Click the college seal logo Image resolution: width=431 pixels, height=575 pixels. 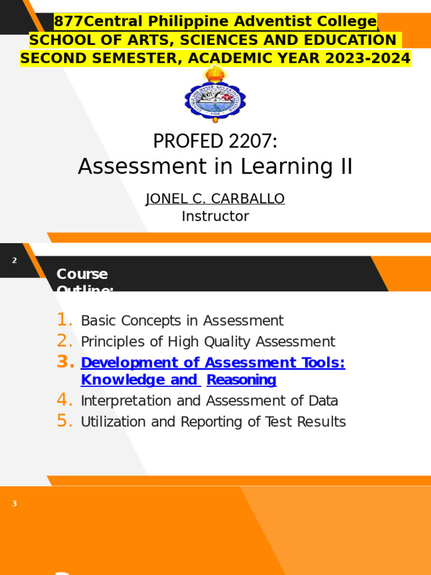[215, 96]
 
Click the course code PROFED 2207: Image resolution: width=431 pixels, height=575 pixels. [215, 142]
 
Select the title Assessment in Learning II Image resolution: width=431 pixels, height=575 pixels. [215, 167]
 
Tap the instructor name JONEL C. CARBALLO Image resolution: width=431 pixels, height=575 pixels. [215, 199]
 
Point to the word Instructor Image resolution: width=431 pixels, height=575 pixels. [215, 216]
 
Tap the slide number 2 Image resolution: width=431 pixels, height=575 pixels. [15, 261]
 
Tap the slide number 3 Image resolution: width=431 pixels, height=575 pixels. [15, 504]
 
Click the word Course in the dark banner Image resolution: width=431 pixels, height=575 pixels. [82, 274]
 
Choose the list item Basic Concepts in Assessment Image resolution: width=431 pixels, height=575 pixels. [182, 321]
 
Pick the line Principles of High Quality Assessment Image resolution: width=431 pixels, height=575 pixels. [208, 341]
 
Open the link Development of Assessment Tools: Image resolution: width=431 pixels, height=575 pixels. [213, 363]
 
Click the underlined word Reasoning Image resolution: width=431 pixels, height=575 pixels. [241, 380]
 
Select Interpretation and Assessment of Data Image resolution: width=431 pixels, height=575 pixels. [209, 401]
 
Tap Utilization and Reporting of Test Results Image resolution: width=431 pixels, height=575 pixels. [213, 422]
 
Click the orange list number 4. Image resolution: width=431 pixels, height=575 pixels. [65, 400]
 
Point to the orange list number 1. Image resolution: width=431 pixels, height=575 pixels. [65, 321]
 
